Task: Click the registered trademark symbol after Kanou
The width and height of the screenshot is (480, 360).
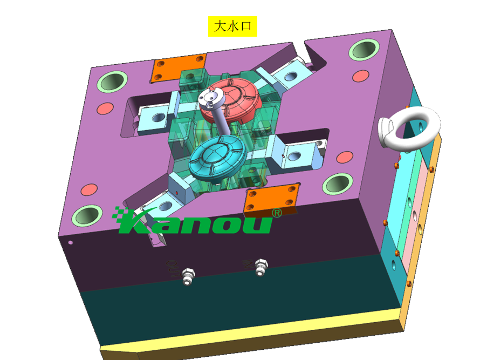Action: click(x=277, y=213)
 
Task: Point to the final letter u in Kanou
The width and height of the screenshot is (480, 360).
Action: click(x=259, y=223)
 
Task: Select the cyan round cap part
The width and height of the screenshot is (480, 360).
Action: click(x=217, y=157)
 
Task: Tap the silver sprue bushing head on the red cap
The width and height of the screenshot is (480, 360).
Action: click(x=209, y=98)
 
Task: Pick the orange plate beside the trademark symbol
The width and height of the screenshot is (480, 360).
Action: click(x=272, y=198)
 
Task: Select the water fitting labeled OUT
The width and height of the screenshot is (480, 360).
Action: click(x=187, y=276)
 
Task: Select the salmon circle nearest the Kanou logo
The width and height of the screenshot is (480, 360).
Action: click(x=88, y=190)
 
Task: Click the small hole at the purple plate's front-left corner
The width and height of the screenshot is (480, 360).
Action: click(x=70, y=242)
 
